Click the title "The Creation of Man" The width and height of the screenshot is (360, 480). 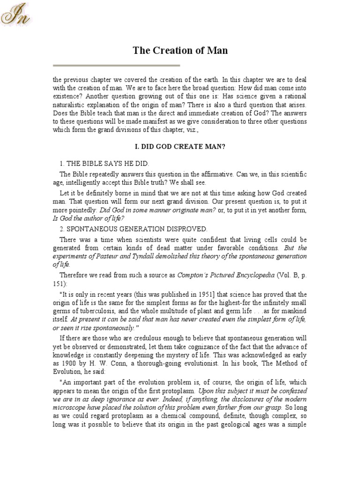pyautogui.click(x=180, y=50)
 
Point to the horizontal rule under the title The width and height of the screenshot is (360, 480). pyautogui.click(x=117, y=65)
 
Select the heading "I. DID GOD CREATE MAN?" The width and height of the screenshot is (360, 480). pyautogui.click(x=180, y=147)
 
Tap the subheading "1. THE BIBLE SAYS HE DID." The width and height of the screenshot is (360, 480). pyautogui.click(x=104, y=163)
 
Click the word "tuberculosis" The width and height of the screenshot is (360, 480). pyautogui.click(x=98, y=310)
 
